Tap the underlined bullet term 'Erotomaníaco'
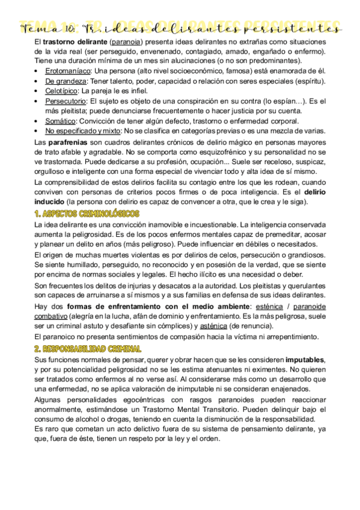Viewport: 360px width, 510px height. point(69,71)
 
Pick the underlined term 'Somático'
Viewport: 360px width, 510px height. point(61,120)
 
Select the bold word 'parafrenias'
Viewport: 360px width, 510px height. point(70,143)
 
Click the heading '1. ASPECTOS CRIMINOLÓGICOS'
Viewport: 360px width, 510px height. point(87,214)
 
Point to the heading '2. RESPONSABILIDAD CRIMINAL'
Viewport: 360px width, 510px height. point(88,349)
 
